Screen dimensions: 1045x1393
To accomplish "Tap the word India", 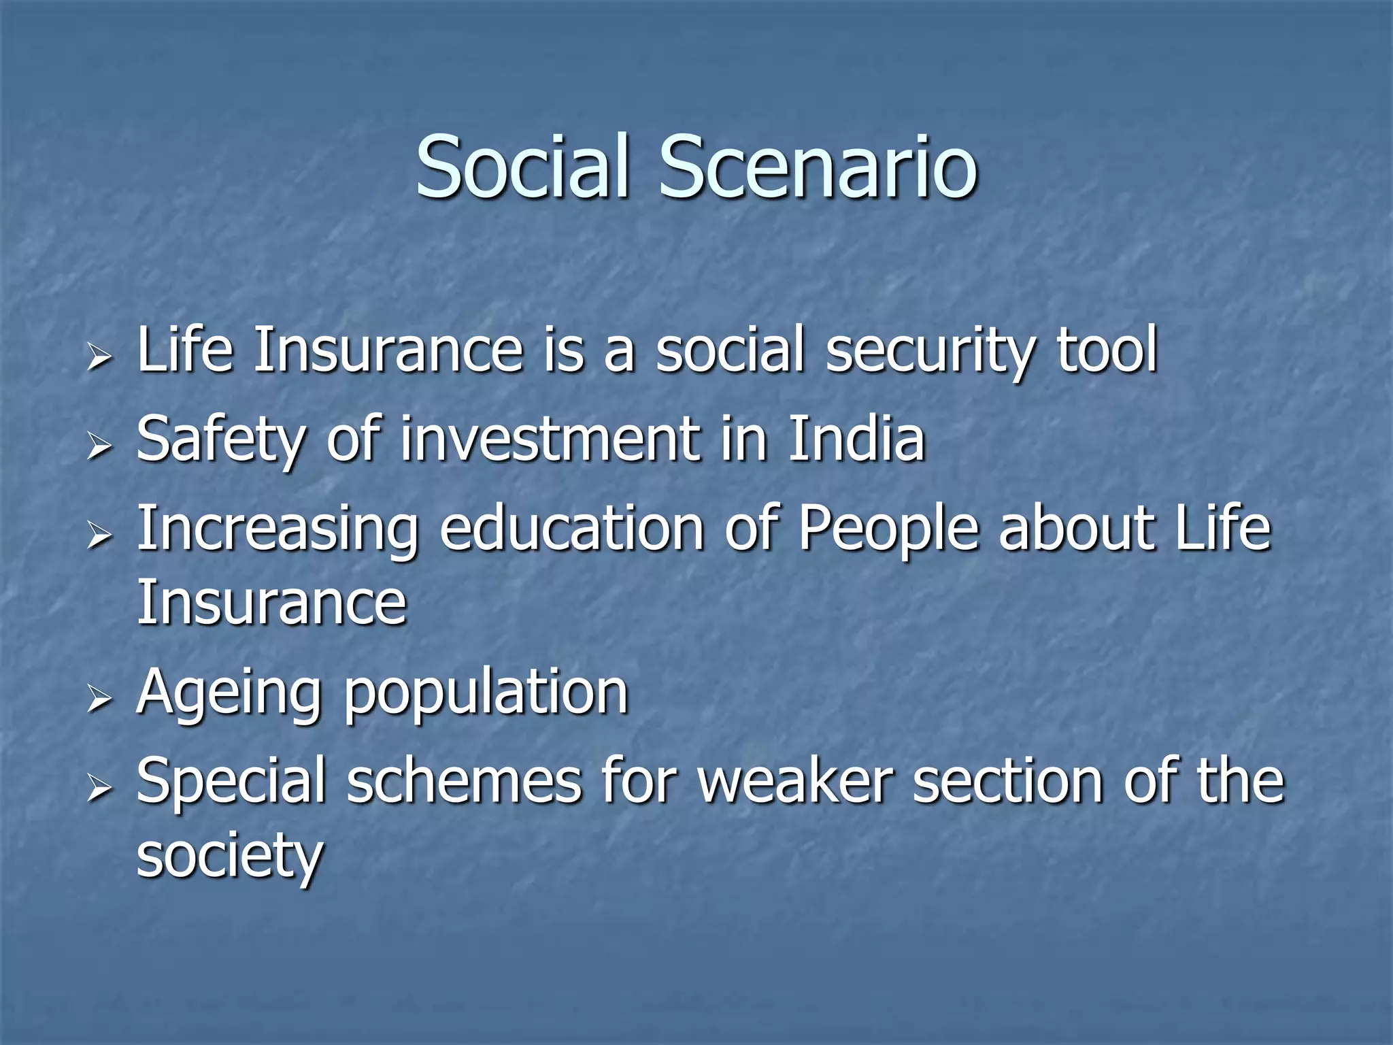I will (856, 439).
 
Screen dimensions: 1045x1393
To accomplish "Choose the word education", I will (572, 529).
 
